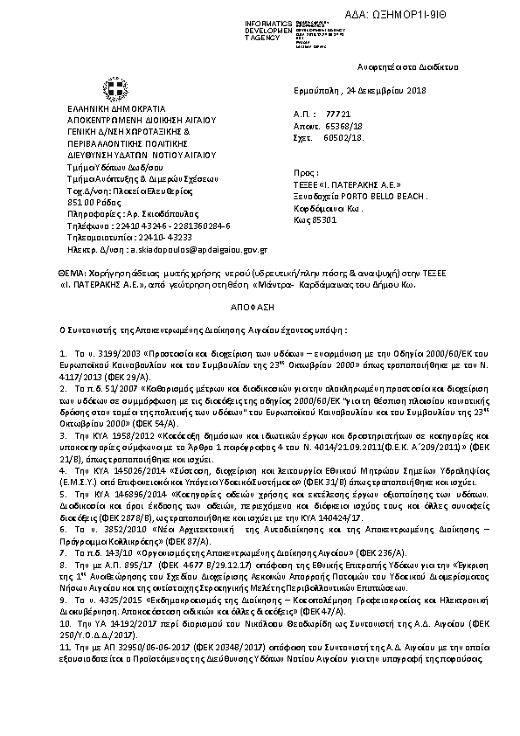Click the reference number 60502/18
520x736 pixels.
pos(343,137)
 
